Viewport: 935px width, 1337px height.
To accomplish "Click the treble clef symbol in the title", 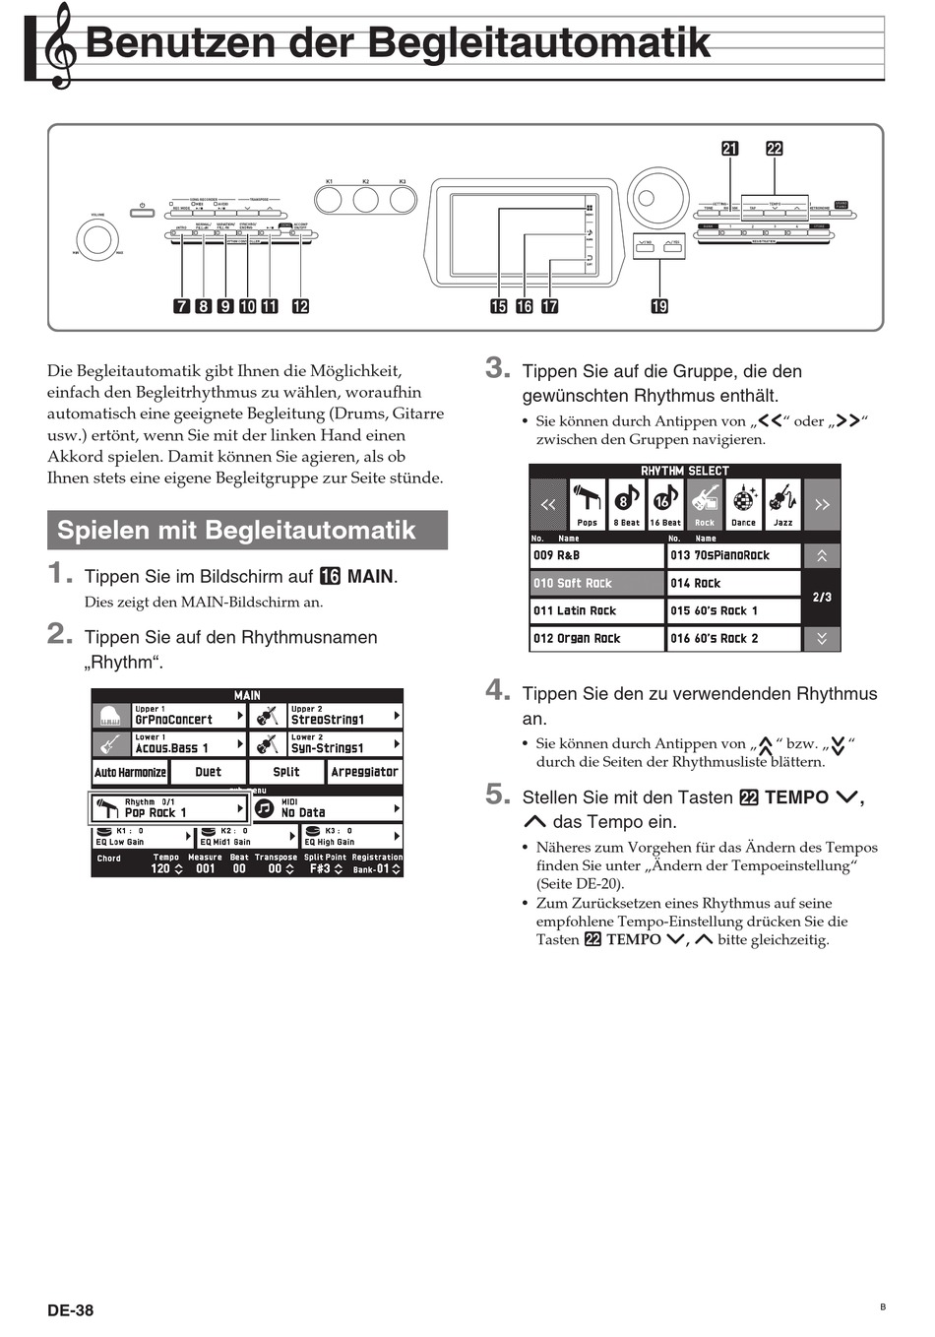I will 60,45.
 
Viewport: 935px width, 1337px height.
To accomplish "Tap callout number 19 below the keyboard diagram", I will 659,306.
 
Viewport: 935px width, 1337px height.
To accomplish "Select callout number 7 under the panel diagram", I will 182,306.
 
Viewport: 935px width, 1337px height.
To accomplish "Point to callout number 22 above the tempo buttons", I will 775,149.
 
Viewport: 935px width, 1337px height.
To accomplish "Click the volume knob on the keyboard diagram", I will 97,238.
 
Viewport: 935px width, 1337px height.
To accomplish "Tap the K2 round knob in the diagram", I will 365,201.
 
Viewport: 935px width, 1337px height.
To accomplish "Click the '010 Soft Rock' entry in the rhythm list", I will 596,583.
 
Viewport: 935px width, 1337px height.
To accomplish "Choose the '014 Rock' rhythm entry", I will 733,583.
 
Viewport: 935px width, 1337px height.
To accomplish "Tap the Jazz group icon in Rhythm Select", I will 782,503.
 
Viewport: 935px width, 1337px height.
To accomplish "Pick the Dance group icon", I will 744,503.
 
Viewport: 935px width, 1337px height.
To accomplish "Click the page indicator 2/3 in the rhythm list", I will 822,597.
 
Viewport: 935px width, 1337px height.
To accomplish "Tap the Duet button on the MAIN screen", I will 208,772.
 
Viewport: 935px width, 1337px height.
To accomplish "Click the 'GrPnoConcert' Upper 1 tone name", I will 173,720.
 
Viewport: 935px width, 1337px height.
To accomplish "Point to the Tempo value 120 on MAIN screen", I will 161,869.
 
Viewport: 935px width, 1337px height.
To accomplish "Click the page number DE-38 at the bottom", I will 71,1309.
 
